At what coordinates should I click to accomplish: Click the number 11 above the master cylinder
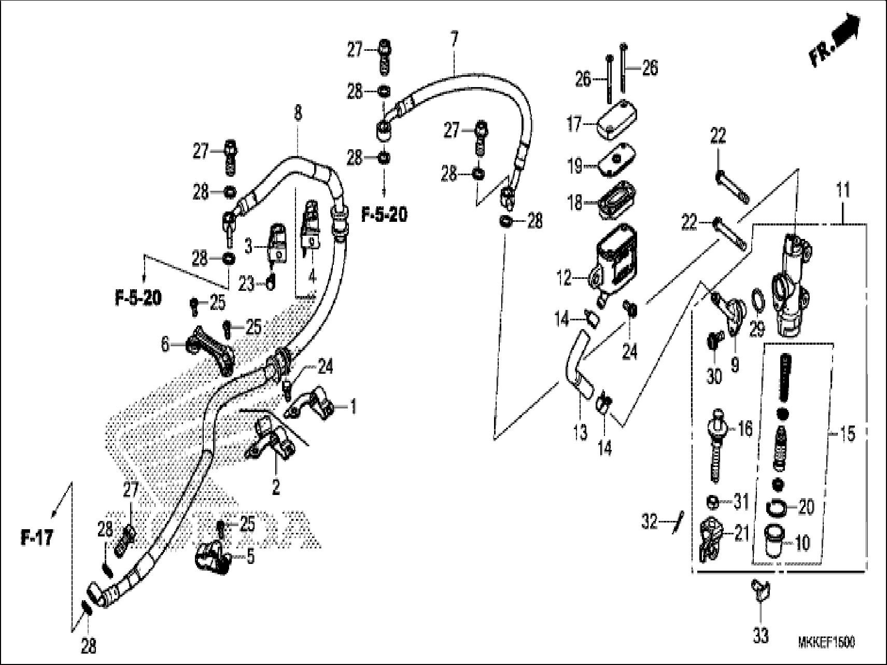point(843,190)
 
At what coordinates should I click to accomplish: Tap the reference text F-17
point(37,537)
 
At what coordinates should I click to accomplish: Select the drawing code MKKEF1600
point(826,642)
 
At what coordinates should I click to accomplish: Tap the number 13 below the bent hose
point(581,431)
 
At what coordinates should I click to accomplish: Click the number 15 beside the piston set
point(847,434)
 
